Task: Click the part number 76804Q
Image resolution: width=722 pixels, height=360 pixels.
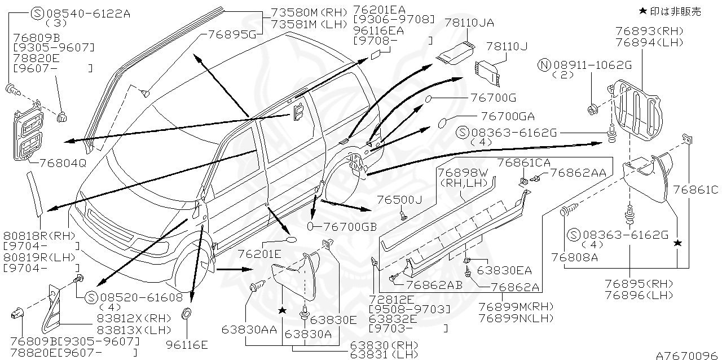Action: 63,163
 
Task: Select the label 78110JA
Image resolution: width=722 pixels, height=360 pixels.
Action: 469,23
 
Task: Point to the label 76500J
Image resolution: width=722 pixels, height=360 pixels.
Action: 399,200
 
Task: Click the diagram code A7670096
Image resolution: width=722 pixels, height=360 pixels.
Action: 688,355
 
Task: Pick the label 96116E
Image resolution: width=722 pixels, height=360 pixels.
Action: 187,344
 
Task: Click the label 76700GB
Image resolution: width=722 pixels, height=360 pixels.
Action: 346,226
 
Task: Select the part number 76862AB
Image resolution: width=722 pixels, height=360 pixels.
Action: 434,286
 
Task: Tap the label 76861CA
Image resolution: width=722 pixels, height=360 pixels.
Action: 520,162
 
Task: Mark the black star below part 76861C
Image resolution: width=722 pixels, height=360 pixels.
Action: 677,243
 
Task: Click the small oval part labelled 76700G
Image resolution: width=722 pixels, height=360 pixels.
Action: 430,100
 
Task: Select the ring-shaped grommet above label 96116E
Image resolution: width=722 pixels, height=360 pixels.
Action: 187,313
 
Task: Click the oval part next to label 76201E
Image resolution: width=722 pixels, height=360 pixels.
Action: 292,240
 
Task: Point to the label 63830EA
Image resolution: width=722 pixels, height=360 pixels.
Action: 504,270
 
